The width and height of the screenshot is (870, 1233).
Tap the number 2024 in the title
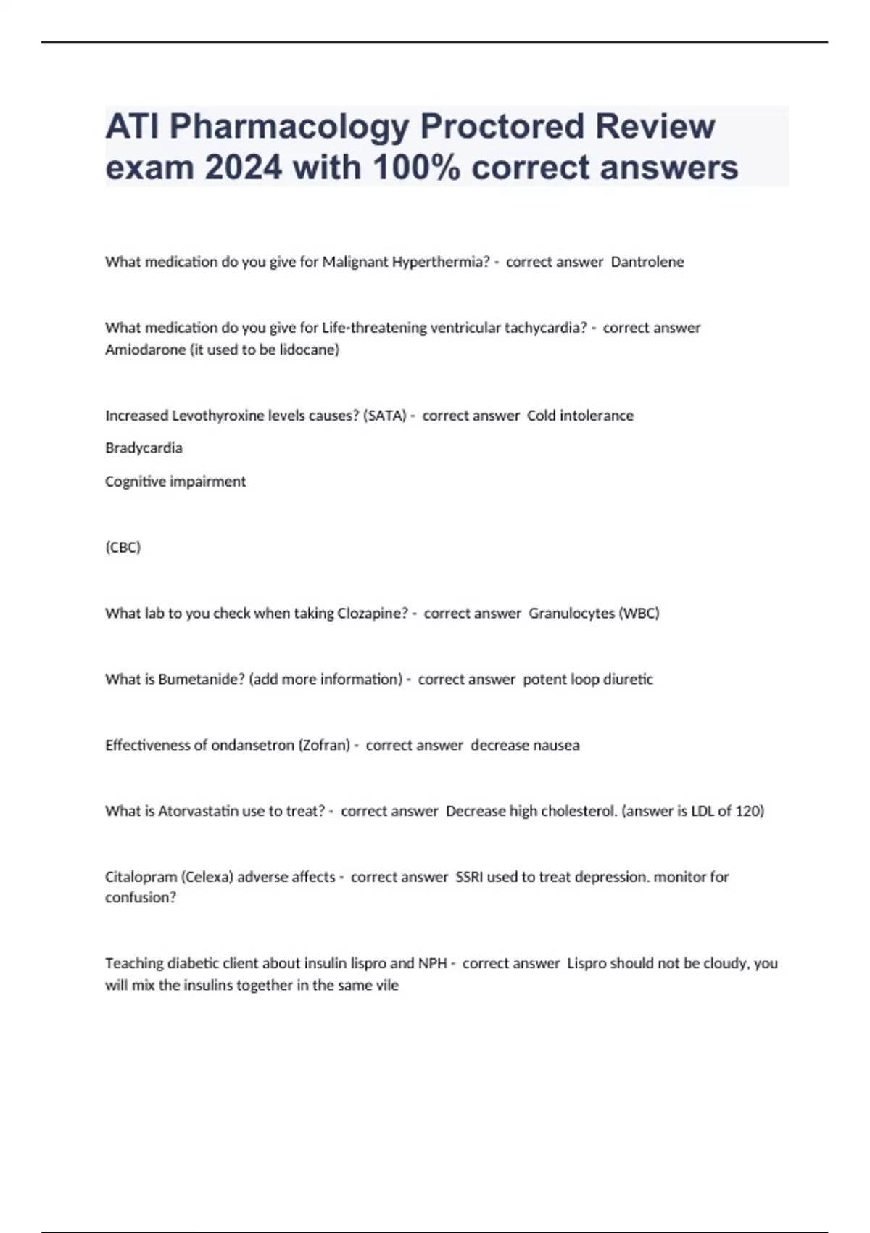pos(243,168)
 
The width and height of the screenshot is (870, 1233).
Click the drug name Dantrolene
pos(647,262)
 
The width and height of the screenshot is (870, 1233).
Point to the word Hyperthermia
pos(441,262)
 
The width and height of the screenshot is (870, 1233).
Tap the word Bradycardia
pos(144,448)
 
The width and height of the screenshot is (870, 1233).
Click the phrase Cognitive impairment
pos(175,481)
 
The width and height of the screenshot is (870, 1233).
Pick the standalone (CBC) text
pos(123,547)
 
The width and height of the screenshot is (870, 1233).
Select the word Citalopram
pos(141,877)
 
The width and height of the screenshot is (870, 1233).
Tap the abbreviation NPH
pos(432,963)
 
